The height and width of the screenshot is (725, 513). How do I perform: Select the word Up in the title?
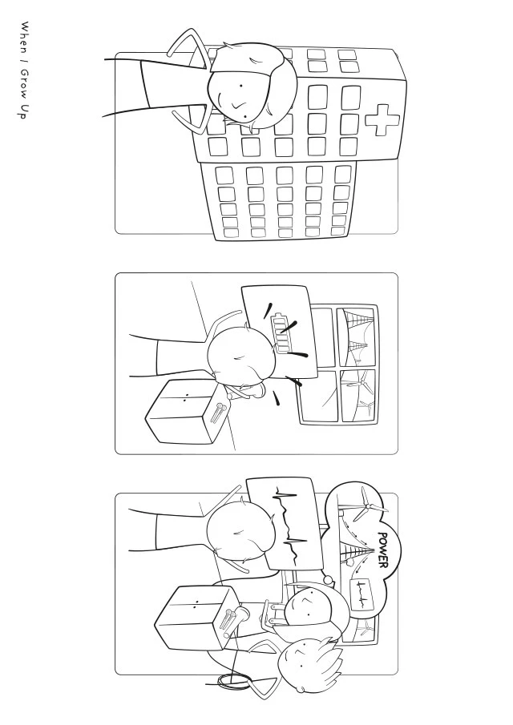pos(23,112)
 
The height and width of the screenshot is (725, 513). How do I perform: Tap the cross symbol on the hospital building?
pos(382,120)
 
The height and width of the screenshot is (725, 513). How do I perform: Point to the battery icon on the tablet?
pos(279,333)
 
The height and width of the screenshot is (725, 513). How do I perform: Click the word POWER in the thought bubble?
pos(383,550)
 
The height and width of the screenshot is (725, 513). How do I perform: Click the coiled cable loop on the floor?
pos(235,680)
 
